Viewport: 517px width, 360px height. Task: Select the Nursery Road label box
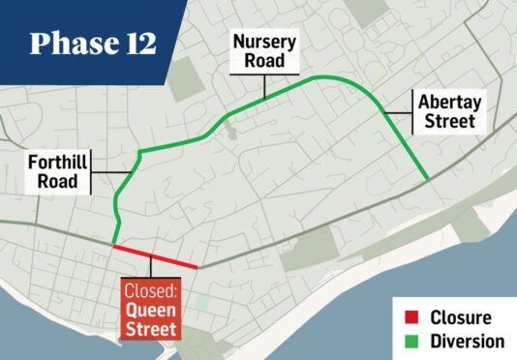[262, 53]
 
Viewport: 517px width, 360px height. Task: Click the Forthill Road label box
[58, 172]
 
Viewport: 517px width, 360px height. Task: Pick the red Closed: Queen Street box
[151, 310]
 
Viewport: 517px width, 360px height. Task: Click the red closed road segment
[155, 256]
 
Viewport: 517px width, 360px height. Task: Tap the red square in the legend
[411, 317]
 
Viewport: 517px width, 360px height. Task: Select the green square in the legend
[411, 341]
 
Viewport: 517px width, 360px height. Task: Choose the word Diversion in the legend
[467, 341]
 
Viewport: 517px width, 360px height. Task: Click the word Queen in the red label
[151, 310]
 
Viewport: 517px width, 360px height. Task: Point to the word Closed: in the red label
[151, 290]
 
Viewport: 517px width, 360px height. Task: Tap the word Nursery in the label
[262, 44]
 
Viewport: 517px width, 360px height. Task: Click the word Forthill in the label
[59, 163]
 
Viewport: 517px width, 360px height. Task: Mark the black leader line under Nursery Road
[262, 85]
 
